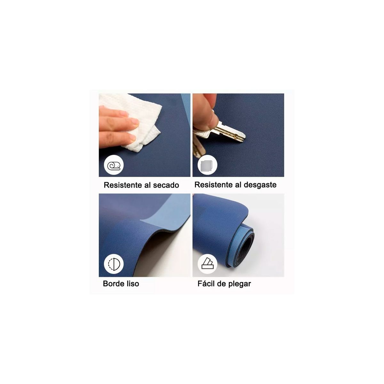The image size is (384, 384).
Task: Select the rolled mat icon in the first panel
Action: [x=114, y=166]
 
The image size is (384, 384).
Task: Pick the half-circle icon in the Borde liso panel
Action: [x=114, y=264]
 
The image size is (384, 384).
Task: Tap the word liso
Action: [x=132, y=284]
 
